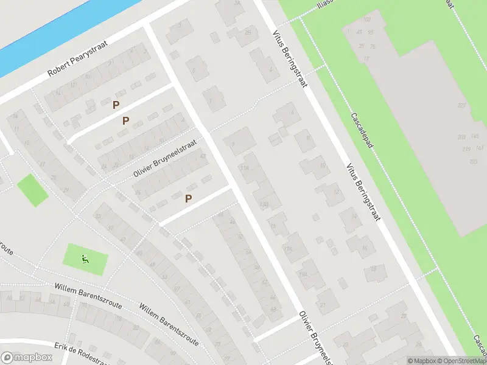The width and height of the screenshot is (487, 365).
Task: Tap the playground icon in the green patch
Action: coord(85,259)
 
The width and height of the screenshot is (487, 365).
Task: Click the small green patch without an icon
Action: coord(32,190)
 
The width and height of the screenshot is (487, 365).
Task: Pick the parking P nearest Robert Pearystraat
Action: coord(116,105)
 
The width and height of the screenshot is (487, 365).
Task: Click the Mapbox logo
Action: coord(26,358)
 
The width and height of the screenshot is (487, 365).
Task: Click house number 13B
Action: coord(264,204)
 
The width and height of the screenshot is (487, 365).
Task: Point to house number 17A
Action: coord(287,249)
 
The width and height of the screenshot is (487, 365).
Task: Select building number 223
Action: coord(473,161)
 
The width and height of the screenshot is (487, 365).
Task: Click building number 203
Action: coord(461,137)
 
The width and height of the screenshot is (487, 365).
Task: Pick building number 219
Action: coord(466,149)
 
